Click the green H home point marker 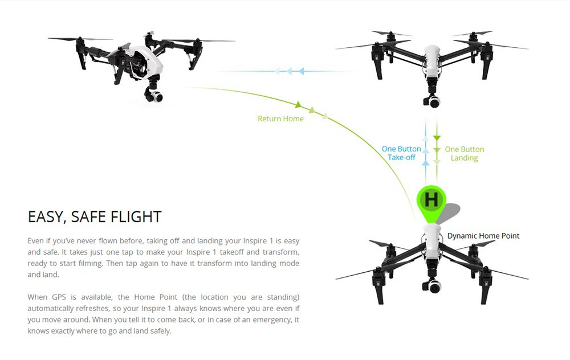[x=431, y=200]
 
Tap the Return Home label [x=280, y=119]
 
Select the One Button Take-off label [x=401, y=153]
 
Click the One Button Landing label [x=464, y=153]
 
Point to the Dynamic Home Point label [x=483, y=236]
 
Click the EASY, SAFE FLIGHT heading [x=95, y=217]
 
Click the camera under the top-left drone [x=152, y=95]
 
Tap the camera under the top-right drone [x=433, y=101]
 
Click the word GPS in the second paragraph [x=59, y=297]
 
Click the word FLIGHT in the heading [x=135, y=217]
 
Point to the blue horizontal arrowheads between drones [x=289, y=71]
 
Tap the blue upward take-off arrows [x=425, y=150]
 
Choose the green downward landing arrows [x=437, y=150]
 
